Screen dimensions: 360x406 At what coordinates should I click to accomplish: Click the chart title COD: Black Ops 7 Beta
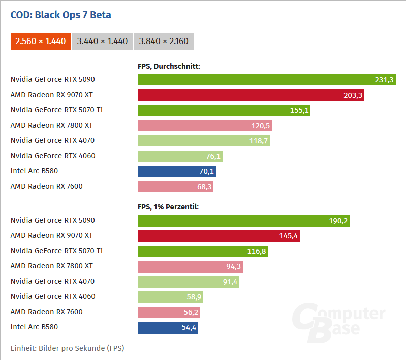(x=61, y=15)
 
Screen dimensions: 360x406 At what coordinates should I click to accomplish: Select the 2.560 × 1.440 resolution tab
(x=41, y=41)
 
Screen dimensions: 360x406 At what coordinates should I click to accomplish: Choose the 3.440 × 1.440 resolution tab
(x=102, y=41)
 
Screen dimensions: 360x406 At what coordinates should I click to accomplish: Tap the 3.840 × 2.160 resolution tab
(x=164, y=41)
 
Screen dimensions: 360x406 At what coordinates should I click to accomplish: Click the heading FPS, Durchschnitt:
(x=169, y=66)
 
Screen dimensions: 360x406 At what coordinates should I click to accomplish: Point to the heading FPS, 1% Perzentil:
(x=168, y=207)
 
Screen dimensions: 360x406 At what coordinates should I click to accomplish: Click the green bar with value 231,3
(x=266, y=80)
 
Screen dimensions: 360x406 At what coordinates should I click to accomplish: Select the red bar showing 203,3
(x=251, y=95)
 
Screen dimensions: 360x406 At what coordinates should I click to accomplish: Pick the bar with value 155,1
(x=224, y=110)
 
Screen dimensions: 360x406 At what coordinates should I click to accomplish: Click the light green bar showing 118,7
(x=203, y=141)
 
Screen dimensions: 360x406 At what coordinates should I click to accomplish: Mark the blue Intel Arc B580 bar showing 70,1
(x=176, y=171)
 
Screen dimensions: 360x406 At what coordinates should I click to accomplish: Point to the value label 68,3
(x=203, y=187)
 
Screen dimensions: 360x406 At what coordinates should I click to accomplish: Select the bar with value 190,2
(x=243, y=221)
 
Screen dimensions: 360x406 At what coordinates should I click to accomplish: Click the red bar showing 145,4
(x=218, y=236)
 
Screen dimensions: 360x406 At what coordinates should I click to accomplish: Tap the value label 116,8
(x=256, y=251)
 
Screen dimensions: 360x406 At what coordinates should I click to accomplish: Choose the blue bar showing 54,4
(x=168, y=327)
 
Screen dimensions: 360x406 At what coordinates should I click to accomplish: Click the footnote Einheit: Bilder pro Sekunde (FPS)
(x=68, y=348)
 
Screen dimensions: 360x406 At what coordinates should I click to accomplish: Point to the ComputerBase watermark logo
(x=338, y=319)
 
